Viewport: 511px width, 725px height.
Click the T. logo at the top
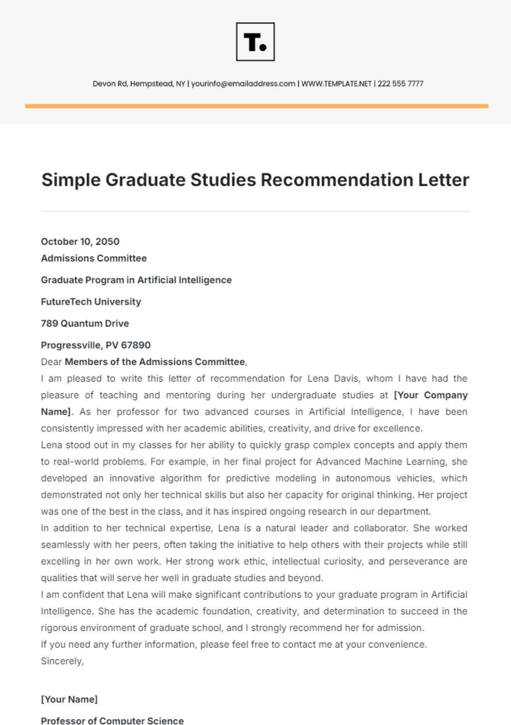tap(255, 42)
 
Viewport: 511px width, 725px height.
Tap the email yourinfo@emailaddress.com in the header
tap(243, 84)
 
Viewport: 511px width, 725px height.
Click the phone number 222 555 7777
tap(400, 84)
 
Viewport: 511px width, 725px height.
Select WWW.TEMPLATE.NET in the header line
tap(336, 84)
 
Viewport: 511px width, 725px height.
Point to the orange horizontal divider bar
tap(256, 106)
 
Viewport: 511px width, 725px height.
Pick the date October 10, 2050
tap(80, 242)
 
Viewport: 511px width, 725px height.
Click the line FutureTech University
tap(91, 302)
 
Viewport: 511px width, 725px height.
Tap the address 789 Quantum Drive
tap(85, 324)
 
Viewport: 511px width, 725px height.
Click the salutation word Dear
tap(51, 362)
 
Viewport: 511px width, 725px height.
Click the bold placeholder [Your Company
tap(431, 395)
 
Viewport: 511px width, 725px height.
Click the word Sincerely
tap(62, 661)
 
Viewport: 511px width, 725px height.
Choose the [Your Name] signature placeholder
tap(69, 699)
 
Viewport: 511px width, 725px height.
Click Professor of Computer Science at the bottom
tap(112, 720)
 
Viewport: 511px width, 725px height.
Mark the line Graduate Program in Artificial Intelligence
tap(136, 280)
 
